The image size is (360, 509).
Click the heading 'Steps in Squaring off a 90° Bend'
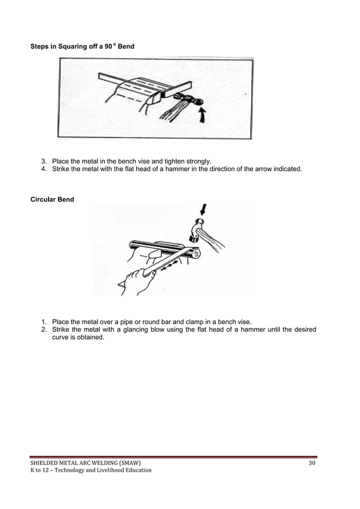(82, 45)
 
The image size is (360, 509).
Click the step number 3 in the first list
(44, 161)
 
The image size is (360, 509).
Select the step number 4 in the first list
(44, 169)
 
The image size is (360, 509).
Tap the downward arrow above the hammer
(203, 209)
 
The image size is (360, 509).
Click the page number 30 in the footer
(312, 463)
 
